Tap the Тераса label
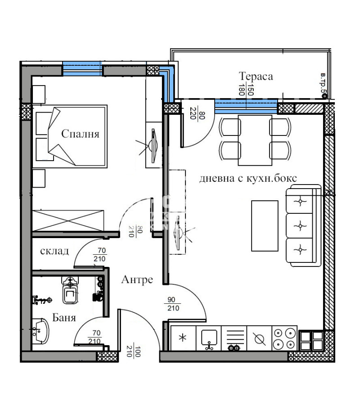256,76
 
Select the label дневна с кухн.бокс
248,178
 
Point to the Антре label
137,280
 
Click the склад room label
54,251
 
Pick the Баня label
64,318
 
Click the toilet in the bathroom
71,292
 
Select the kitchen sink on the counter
209,338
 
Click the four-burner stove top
284,338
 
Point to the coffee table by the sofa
264,225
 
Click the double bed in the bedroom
72,136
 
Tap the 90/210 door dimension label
174,305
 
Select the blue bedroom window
82,69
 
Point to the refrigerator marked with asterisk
184,338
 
